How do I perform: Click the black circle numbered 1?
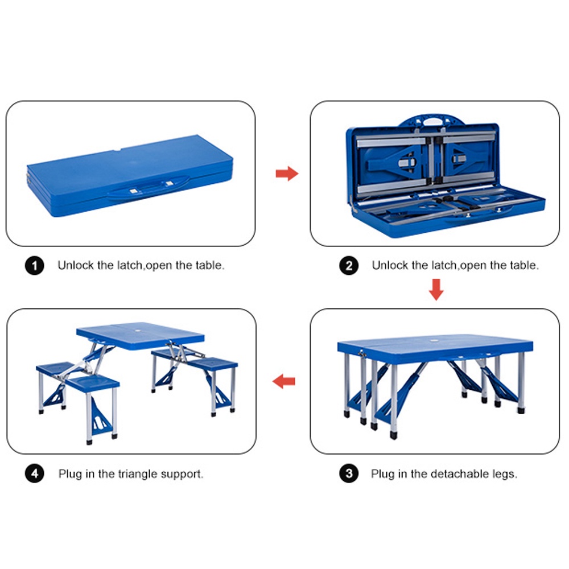click(35, 266)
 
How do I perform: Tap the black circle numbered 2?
click(349, 266)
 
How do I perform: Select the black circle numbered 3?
click(349, 473)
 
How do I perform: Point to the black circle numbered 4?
click(35, 473)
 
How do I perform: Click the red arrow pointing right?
click(287, 174)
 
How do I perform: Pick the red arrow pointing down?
click(436, 290)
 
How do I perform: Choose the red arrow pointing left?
click(284, 381)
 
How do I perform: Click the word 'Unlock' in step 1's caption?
click(76, 265)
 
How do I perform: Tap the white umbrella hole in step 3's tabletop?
click(434, 341)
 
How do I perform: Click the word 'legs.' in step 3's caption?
click(505, 475)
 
